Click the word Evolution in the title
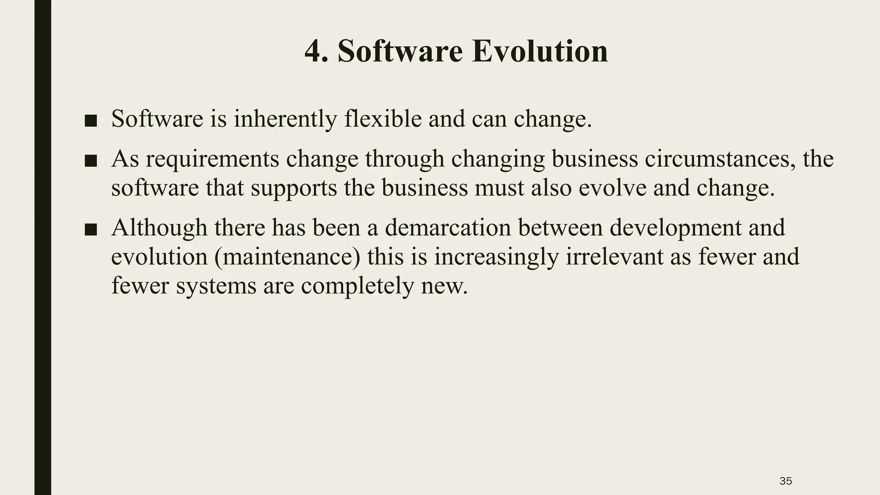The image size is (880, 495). point(540,51)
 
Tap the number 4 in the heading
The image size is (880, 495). point(313,51)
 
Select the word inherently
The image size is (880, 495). point(285,119)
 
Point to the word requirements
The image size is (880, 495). point(212,159)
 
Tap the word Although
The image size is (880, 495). point(159,228)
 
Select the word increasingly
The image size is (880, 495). point(496,257)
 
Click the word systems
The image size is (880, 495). point(216,286)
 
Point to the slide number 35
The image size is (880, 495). point(785,481)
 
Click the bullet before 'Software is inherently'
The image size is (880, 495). point(91,121)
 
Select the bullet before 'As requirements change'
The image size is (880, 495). point(91,161)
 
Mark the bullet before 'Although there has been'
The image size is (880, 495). point(91,229)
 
